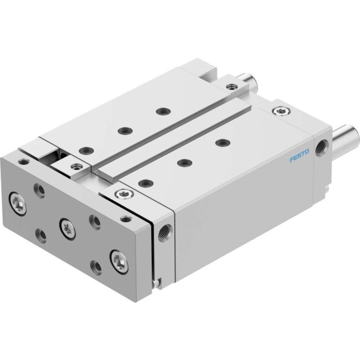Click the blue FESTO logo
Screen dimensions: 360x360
click(x=300, y=155)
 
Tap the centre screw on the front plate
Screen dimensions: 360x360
click(x=67, y=229)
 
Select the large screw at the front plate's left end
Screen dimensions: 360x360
click(x=18, y=204)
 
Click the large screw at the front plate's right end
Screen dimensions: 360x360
click(x=119, y=262)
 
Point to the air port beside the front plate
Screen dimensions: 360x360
click(x=165, y=233)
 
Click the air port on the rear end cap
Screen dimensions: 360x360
click(x=322, y=148)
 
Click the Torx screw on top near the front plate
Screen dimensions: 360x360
click(x=124, y=194)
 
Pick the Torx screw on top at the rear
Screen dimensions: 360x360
click(x=282, y=112)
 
